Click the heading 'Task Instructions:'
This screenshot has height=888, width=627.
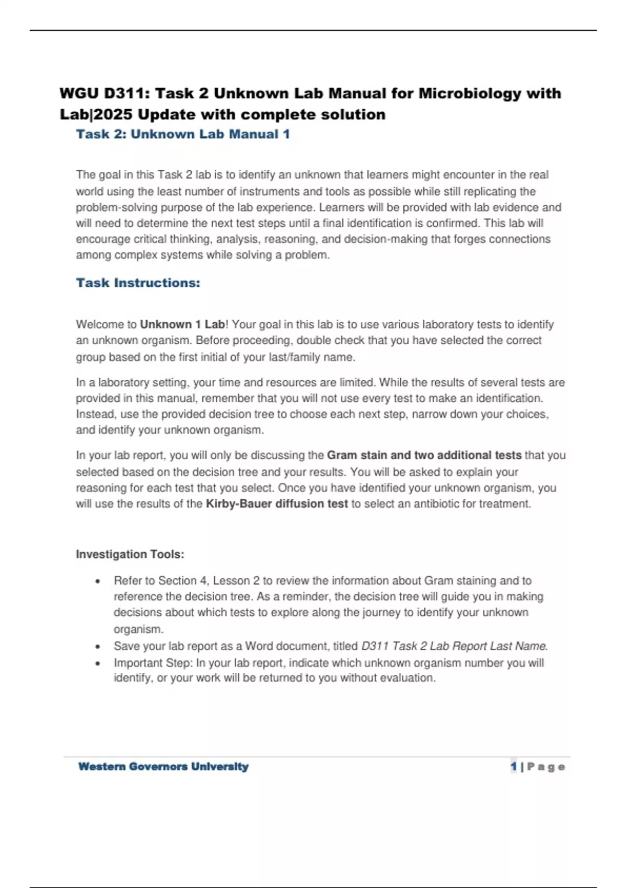click(x=138, y=283)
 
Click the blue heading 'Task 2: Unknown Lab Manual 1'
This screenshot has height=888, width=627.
click(x=183, y=134)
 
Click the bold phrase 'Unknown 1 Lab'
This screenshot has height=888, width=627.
click(x=182, y=324)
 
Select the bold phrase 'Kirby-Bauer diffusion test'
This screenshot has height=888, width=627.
click(x=277, y=504)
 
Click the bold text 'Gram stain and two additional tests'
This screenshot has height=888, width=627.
click(x=424, y=455)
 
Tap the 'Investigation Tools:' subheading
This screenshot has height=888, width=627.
click(x=130, y=554)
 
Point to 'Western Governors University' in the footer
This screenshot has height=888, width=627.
click(x=163, y=767)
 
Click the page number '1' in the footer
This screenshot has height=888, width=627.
click(x=514, y=767)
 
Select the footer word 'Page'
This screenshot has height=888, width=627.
click(x=546, y=767)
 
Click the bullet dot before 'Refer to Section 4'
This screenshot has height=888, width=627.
click(x=98, y=581)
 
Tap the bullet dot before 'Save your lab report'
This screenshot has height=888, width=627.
click(x=98, y=647)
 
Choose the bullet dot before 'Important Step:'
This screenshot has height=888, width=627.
click(x=98, y=663)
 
